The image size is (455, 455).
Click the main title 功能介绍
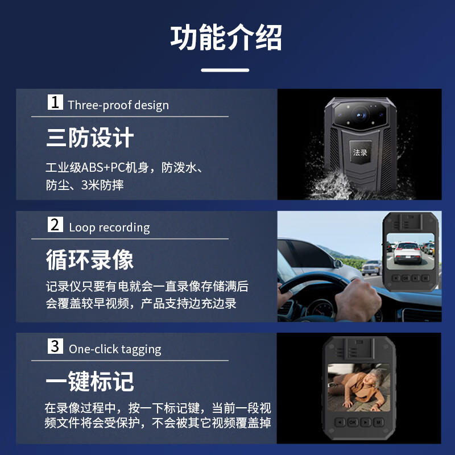pyautogui.click(x=226, y=38)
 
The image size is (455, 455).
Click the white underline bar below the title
pyautogui.click(x=226, y=71)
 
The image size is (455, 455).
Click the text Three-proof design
pyautogui.click(x=118, y=105)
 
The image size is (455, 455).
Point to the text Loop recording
pyautogui.click(x=109, y=227)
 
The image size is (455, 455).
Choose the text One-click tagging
pyautogui.click(x=115, y=349)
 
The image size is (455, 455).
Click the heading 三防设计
pyautogui.click(x=90, y=138)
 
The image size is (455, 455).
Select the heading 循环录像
pyautogui.click(x=90, y=260)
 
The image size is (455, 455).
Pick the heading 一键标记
pyautogui.click(x=90, y=382)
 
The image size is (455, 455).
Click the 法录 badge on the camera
pyautogui.click(x=360, y=152)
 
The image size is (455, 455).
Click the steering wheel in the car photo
pyautogui.click(x=318, y=284)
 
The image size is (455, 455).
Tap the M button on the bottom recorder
pyautogui.click(x=377, y=423)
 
